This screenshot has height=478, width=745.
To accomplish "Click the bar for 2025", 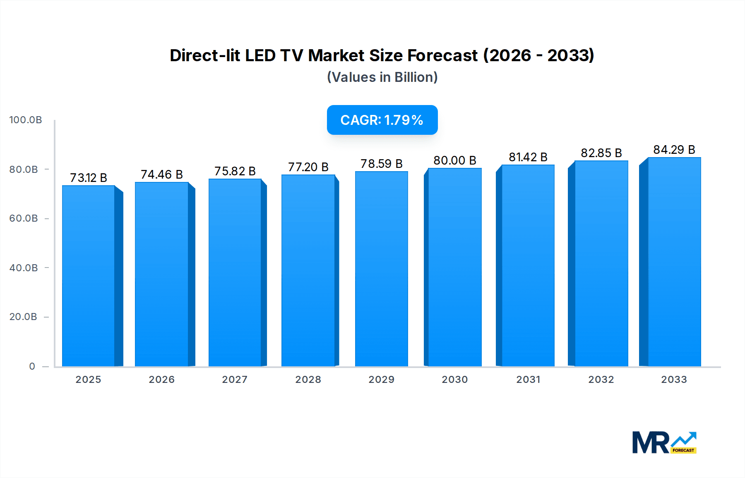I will click(89, 276).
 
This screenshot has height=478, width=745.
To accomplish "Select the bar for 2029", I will click(381, 269).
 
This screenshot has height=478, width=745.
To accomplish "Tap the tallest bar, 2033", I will click(674, 262).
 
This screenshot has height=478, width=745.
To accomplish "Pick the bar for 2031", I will click(528, 265).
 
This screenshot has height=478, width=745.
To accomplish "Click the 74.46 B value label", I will click(162, 174).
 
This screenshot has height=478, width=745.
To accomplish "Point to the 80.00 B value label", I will click(455, 160).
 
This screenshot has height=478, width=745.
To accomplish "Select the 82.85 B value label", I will click(601, 153).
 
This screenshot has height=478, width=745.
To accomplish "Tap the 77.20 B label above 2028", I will click(308, 167).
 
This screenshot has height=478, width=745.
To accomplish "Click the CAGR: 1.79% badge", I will click(382, 120).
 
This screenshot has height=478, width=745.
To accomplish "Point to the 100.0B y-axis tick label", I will click(26, 120).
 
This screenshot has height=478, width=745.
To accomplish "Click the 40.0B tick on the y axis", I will click(24, 268).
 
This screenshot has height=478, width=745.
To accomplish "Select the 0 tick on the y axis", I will click(32, 366).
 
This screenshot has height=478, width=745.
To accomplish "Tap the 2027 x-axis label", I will click(235, 380).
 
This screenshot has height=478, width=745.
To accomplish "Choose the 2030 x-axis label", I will click(454, 380).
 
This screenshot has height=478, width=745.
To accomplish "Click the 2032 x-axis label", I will click(601, 380).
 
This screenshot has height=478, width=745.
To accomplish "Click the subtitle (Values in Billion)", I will click(382, 77).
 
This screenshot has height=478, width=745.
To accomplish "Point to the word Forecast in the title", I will click(442, 55).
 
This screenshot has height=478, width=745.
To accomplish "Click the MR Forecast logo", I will click(664, 442).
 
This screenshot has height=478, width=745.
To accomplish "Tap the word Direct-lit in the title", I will click(204, 55).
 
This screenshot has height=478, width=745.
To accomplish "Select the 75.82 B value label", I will click(235, 171).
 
